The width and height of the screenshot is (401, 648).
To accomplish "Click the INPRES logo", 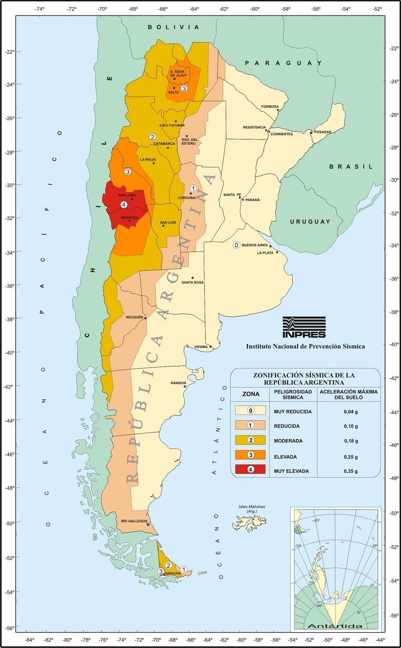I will [x=304, y=327].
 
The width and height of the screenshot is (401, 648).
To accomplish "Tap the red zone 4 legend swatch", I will [x=250, y=469].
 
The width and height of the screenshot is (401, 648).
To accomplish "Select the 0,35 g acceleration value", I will [x=351, y=471].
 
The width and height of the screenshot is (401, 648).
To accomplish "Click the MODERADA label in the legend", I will [x=288, y=441].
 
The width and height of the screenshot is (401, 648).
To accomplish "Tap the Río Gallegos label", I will [x=134, y=521].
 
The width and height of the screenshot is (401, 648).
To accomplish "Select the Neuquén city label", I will [x=135, y=317].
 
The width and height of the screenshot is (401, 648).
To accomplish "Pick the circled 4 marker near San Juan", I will [x=124, y=205].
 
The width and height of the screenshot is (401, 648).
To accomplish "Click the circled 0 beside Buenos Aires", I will [x=236, y=245].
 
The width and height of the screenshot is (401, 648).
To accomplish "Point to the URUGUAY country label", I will [x=310, y=222].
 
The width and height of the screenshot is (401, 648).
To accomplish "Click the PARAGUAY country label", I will [x=284, y=63].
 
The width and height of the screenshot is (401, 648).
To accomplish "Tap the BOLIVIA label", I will [x=173, y=27].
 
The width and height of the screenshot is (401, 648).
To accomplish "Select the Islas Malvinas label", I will [x=252, y=507].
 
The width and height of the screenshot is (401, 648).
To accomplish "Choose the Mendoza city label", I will [x=129, y=217].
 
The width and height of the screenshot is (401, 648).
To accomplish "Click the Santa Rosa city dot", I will [x=192, y=278].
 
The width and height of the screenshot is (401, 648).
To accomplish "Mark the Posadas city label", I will [x=323, y=132].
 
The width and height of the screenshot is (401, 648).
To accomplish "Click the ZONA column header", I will [x=251, y=394].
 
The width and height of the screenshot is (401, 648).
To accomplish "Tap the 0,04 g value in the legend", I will [x=351, y=412].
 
